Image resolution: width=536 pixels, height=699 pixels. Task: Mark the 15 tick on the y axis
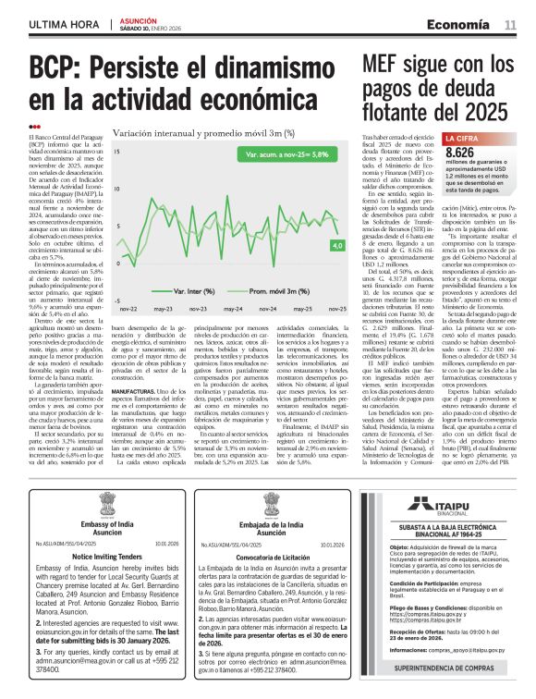[x=116, y=150]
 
